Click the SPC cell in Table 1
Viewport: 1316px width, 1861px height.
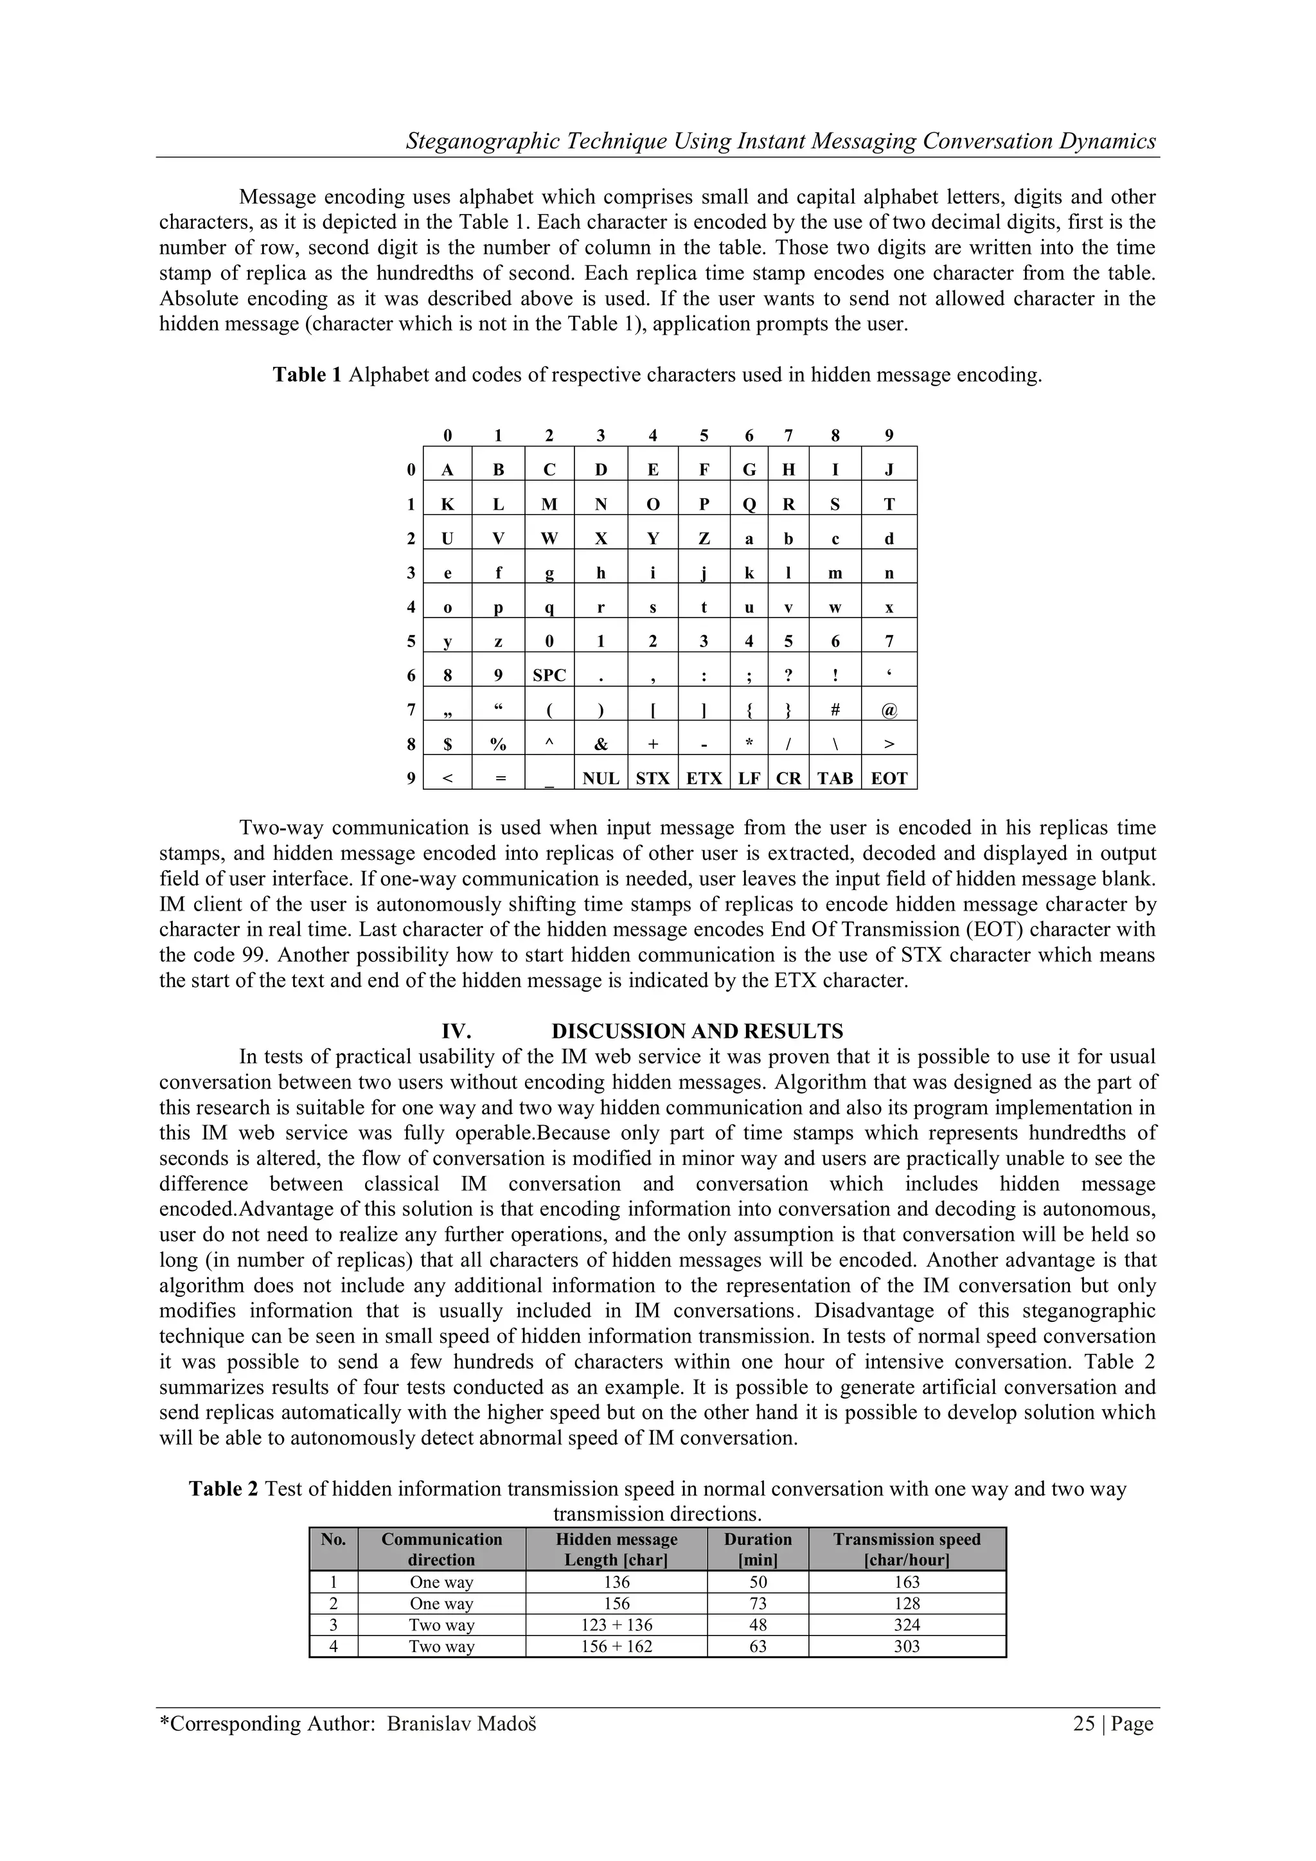tap(549, 675)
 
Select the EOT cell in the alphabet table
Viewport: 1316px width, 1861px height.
tap(888, 779)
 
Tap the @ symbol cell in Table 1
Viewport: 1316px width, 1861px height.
tap(888, 710)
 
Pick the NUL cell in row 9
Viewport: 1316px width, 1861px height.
tap(600, 779)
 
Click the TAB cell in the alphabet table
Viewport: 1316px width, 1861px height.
tap(835, 779)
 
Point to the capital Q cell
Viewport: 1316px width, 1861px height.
tap(749, 504)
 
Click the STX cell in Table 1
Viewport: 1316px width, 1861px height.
tap(652, 779)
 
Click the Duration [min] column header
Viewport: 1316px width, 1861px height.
tap(757, 1549)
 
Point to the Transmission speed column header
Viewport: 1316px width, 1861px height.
tap(907, 1549)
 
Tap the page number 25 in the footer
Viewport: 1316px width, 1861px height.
tap(1083, 1723)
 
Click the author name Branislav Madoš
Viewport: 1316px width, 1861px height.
tap(461, 1723)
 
